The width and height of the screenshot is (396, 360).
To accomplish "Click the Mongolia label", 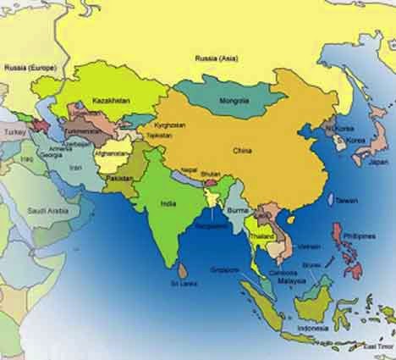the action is click(233, 101).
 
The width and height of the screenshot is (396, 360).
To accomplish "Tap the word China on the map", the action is click(245, 150).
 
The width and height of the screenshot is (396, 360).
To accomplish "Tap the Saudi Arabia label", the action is click(46, 211).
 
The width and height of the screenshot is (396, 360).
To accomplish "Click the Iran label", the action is click(75, 169).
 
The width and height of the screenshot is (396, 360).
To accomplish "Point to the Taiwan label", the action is click(347, 201).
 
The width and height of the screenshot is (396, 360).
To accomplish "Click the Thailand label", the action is click(261, 234).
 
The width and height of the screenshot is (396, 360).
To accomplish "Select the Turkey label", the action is click(16, 133).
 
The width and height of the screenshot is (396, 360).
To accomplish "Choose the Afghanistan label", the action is click(111, 154).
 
